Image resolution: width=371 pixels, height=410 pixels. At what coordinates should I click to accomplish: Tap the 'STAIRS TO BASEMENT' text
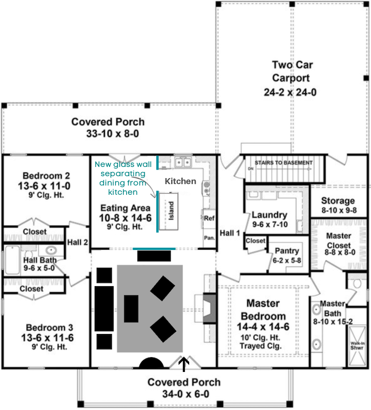coord(283,163)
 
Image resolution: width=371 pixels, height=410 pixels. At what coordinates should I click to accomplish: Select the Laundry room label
coord(269,215)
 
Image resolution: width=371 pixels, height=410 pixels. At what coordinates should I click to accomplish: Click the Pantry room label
coord(287,251)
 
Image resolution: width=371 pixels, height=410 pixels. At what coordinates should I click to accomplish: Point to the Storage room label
coord(338,201)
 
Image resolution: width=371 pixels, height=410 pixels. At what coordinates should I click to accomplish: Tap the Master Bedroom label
coord(263,303)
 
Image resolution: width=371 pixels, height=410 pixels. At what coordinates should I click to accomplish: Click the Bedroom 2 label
coord(46,176)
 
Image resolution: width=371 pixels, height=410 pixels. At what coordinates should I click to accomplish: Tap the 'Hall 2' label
coord(77,241)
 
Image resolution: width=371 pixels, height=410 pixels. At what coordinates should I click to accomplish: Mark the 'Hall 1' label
coord(230,233)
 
